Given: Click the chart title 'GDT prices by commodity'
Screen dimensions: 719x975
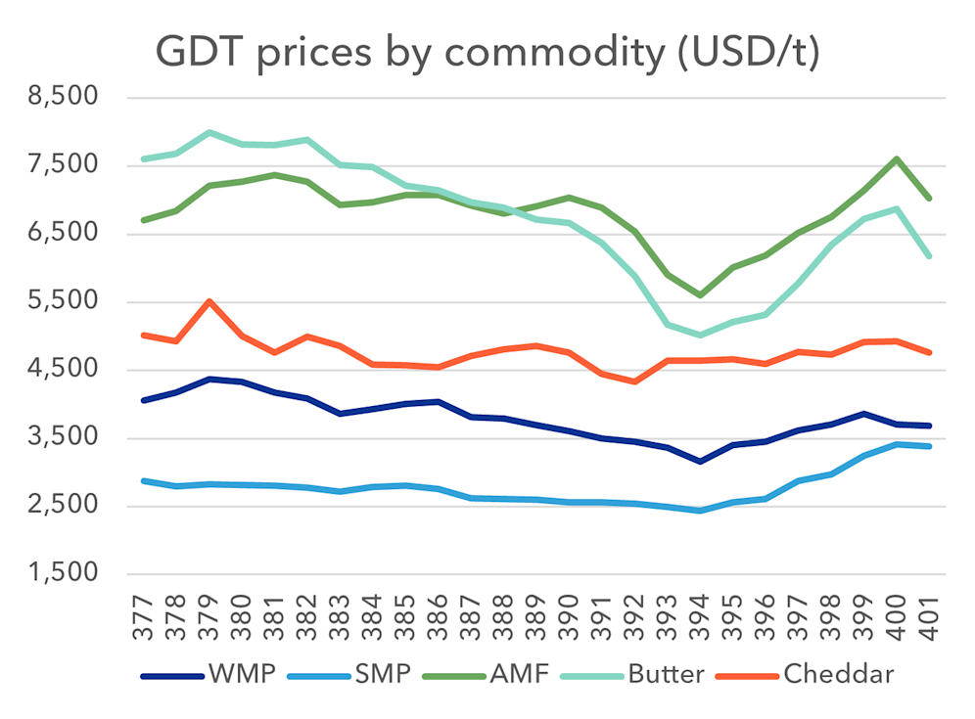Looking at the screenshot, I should [487, 54].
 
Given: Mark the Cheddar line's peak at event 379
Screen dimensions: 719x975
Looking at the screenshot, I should [209, 301].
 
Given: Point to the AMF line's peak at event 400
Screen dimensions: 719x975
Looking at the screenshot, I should [897, 158].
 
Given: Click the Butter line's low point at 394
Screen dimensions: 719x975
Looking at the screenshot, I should [700, 336].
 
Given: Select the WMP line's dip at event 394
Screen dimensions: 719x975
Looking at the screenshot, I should [700, 461].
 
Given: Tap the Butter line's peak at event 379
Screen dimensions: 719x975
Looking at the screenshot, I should [209, 132].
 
